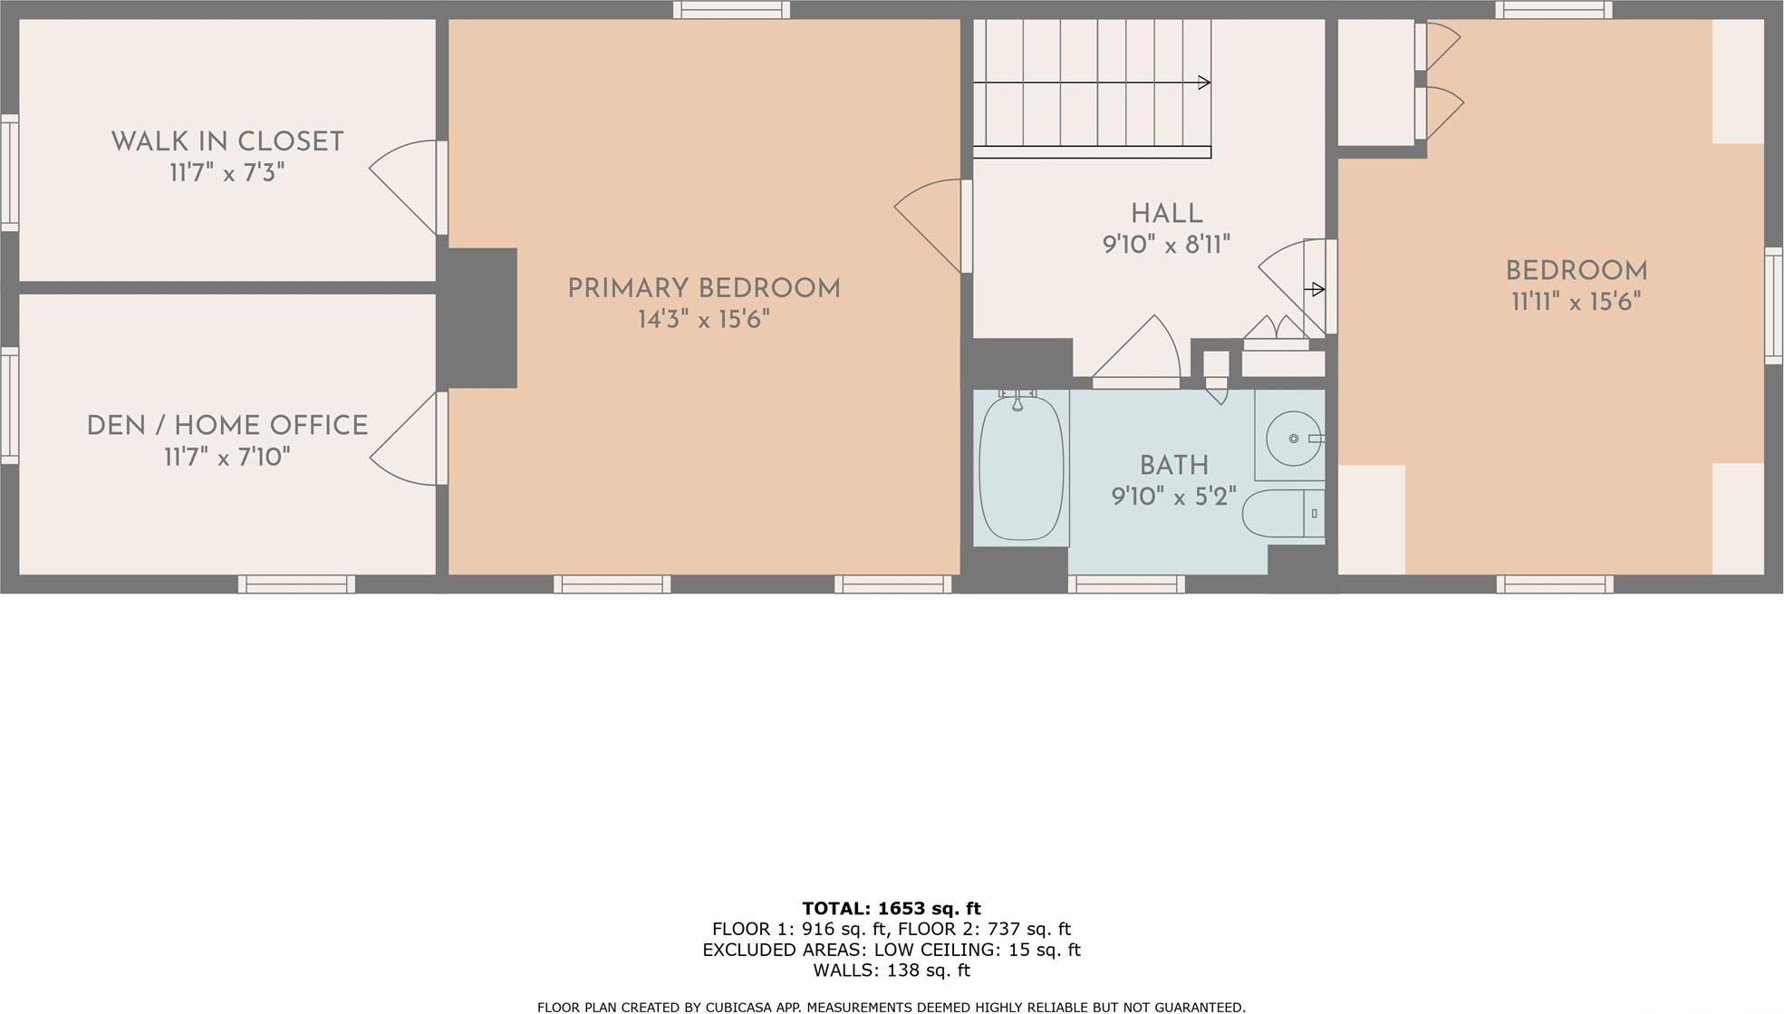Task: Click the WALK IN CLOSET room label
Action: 227,142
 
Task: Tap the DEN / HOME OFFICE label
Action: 227,426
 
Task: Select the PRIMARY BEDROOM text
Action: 704,289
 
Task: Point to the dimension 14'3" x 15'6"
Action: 704,320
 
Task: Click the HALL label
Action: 1166,214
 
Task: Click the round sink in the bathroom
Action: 1293,439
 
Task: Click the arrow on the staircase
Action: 1203,82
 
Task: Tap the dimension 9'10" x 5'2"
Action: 1173,497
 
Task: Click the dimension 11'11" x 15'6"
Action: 1576,302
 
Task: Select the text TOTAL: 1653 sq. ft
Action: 891,908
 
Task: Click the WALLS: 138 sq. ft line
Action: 891,971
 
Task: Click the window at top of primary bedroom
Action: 731,10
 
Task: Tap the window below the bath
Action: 1126,584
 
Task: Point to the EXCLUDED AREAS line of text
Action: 891,950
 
